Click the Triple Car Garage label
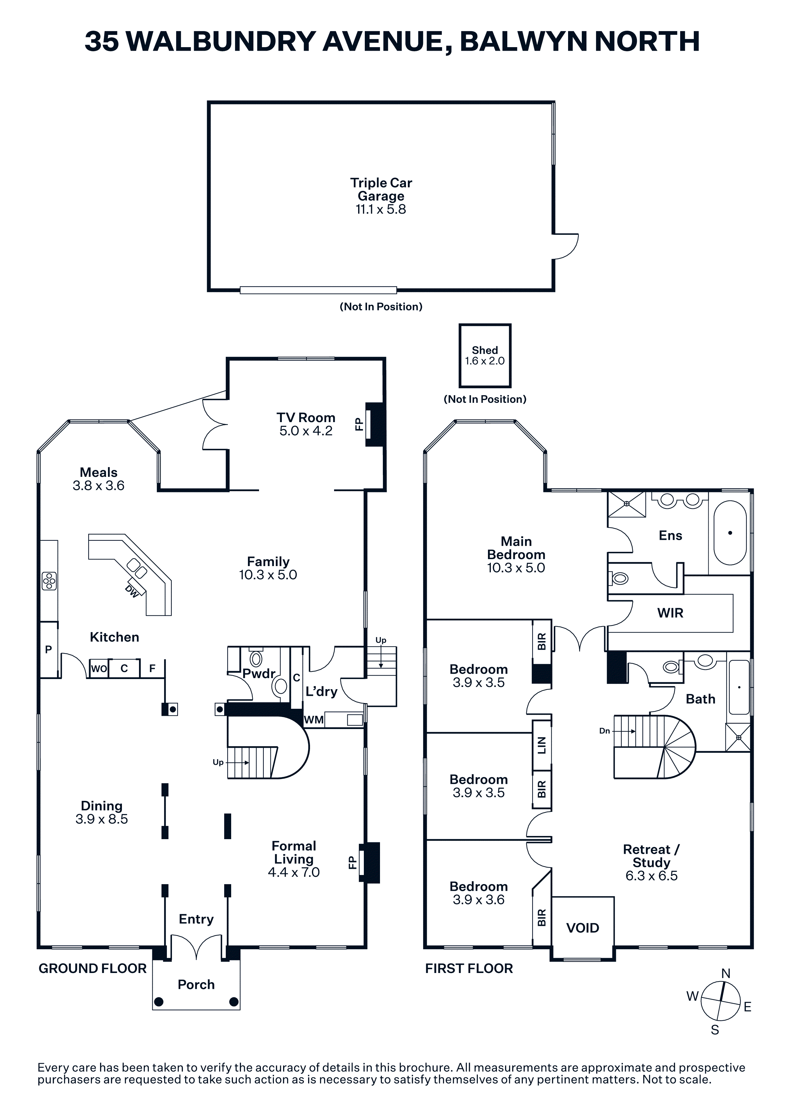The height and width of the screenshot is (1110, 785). (381, 190)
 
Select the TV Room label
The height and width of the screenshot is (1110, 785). (306, 418)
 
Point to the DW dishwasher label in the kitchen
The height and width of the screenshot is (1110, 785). (131, 591)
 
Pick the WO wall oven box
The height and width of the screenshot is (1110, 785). (99, 669)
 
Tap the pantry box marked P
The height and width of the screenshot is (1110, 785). (48, 650)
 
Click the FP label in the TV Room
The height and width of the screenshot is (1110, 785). (359, 424)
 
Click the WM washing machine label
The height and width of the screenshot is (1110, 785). (314, 720)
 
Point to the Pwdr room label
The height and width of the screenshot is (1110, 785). (259, 673)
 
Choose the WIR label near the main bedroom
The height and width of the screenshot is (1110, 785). (670, 613)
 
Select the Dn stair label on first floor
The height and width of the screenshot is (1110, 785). (605, 731)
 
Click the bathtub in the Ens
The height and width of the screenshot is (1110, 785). (730, 533)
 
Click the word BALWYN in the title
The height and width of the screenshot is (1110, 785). (523, 41)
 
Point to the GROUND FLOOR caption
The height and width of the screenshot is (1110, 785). (92, 968)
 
